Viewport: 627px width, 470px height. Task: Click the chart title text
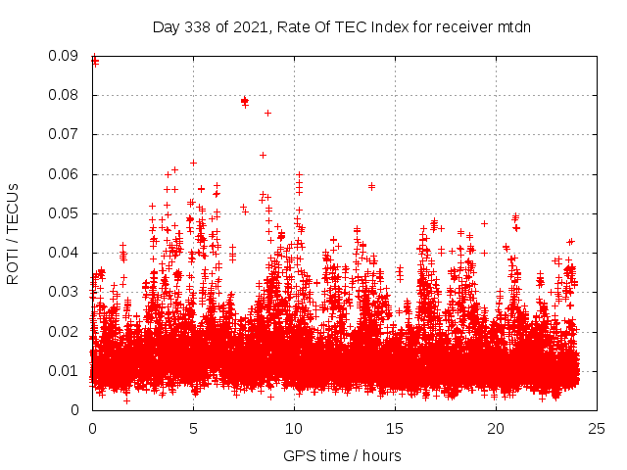(x=341, y=26)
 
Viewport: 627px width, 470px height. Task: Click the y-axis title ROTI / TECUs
(x=13, y=233)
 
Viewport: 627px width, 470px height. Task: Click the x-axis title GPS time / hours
(x=342, y=455)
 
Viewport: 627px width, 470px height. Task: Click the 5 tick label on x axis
(x=193, y=428)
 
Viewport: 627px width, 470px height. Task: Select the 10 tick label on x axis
(x=294, y=428)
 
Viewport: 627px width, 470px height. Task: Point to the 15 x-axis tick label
(x=395, y=428)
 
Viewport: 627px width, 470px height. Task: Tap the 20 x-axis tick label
(x=496, y=428)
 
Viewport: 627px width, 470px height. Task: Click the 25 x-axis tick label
(x=597, y=428)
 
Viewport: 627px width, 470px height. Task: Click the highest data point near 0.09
(x=94, y=57)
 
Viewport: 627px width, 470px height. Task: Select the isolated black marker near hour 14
(x=371, y=186)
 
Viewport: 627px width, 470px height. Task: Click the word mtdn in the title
(x=514, y=26)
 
